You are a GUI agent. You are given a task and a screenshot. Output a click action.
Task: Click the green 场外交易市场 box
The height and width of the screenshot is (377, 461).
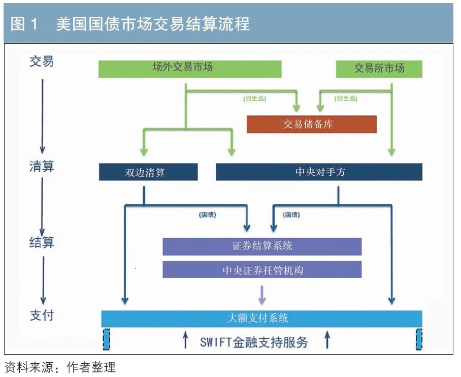[190, 69]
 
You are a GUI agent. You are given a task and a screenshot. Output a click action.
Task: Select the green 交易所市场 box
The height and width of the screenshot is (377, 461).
[379, 69]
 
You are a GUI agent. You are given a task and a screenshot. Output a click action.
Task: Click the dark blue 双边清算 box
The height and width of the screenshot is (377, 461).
[148, 172]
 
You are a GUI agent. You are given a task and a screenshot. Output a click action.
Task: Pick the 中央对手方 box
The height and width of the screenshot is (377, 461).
[319, 172]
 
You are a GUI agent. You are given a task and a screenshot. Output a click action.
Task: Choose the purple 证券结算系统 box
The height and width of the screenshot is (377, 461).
[262, 246]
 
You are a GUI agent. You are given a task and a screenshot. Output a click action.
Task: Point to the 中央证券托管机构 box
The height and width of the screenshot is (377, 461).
[262, 270]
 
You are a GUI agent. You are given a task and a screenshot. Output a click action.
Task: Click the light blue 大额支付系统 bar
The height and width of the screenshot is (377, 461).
[261, 319]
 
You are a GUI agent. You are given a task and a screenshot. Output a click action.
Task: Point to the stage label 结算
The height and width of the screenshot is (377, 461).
[42, 242]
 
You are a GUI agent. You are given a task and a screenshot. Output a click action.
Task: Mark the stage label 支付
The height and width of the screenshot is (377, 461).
[42, 316]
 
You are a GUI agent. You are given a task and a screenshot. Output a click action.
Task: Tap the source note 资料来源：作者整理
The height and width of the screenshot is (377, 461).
[60, 367]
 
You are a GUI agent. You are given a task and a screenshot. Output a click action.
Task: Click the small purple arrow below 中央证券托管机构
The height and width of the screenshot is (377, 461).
[262, 294]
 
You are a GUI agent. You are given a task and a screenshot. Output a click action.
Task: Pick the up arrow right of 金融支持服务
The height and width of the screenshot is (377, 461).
[327, 340]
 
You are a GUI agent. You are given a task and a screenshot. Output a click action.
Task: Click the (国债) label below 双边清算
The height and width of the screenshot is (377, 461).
[207, 215]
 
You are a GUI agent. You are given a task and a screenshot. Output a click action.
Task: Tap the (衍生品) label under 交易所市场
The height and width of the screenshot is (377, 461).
[346, 99]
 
